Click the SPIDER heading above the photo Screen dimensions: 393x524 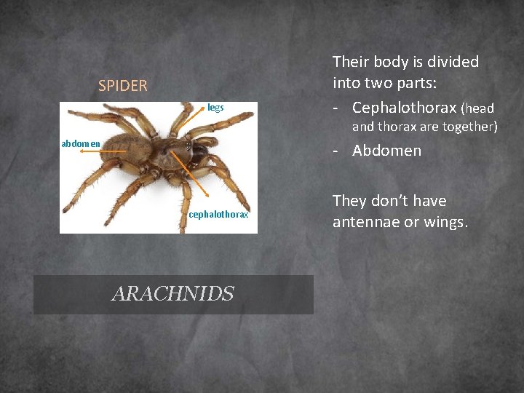122,86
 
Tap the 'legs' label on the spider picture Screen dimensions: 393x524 215,108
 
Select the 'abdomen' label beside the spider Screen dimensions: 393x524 81,143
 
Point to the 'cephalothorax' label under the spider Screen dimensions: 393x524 218,214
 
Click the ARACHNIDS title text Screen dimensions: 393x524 173,294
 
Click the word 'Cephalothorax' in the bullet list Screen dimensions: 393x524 404,108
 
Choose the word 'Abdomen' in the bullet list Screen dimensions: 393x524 386,151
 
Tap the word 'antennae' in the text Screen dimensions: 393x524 366,221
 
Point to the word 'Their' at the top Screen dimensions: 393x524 351,62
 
